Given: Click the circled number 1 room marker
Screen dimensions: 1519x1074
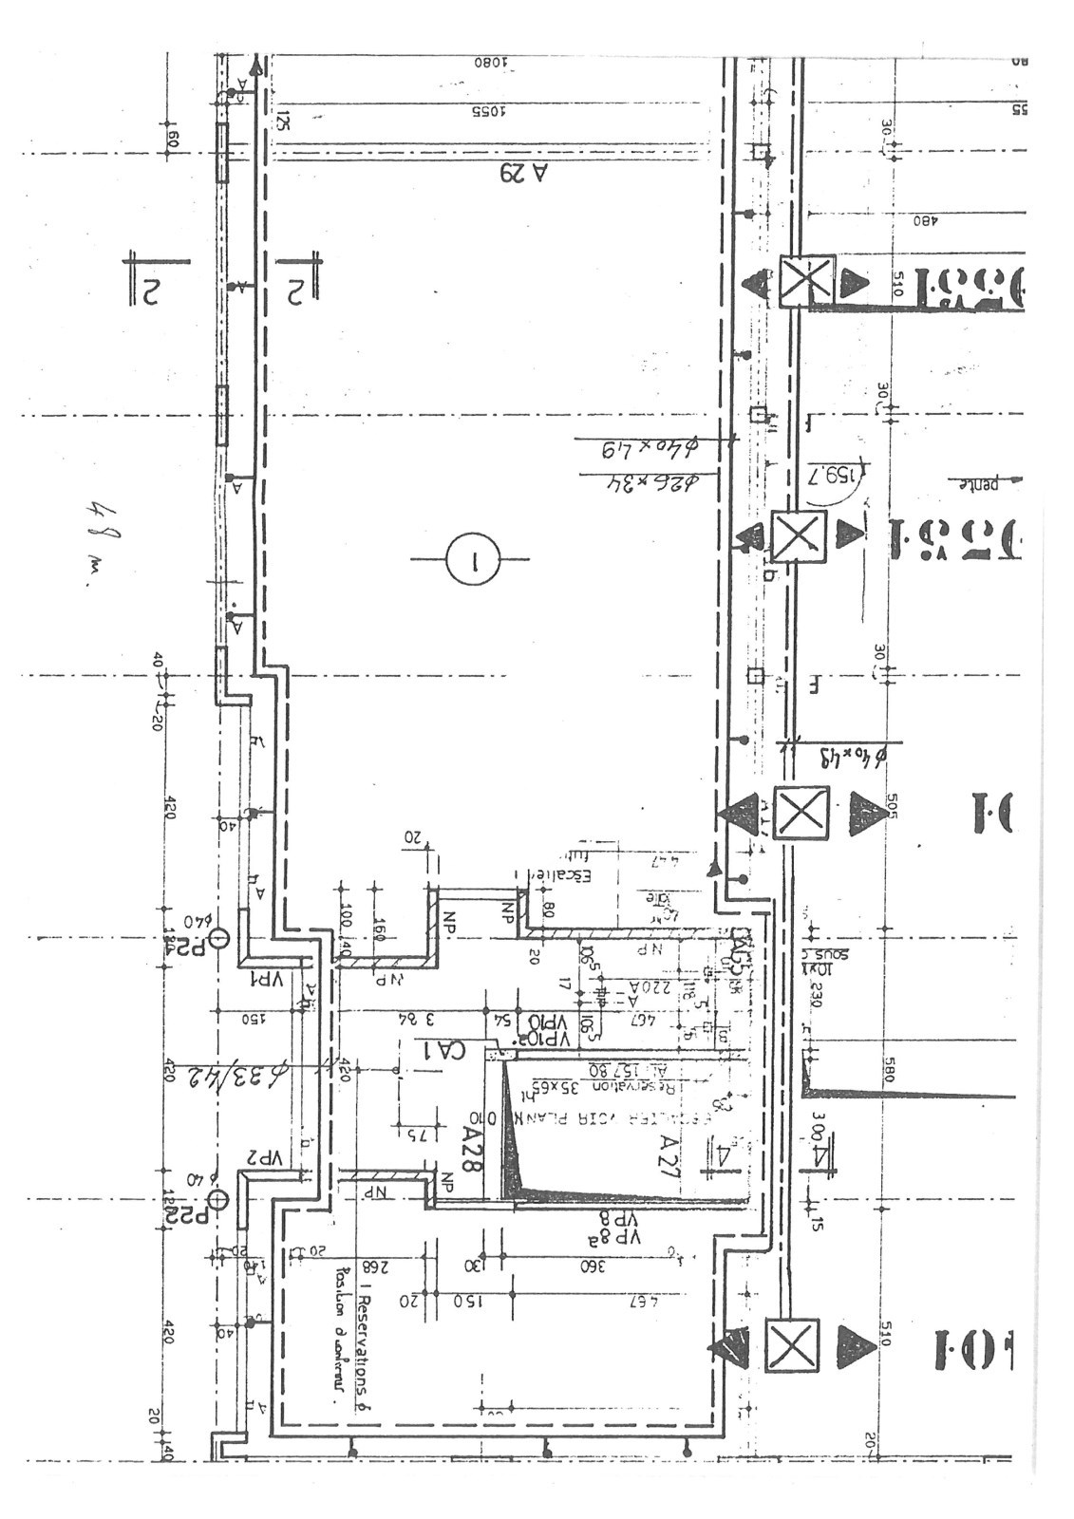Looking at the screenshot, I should click(x=471, y=558).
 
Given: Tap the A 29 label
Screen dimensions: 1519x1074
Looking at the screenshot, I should click(x=525, y=173).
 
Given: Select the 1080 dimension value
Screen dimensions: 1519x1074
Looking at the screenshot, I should click(x=492, y=62).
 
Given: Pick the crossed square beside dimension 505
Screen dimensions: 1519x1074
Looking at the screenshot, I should click(x=801, y=813).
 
